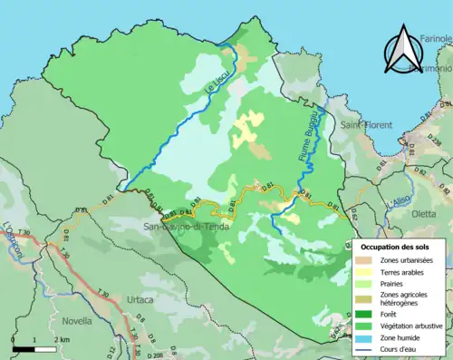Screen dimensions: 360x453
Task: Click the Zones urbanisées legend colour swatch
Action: point(367,260)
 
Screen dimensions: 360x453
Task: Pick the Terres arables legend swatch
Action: point(367,272)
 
